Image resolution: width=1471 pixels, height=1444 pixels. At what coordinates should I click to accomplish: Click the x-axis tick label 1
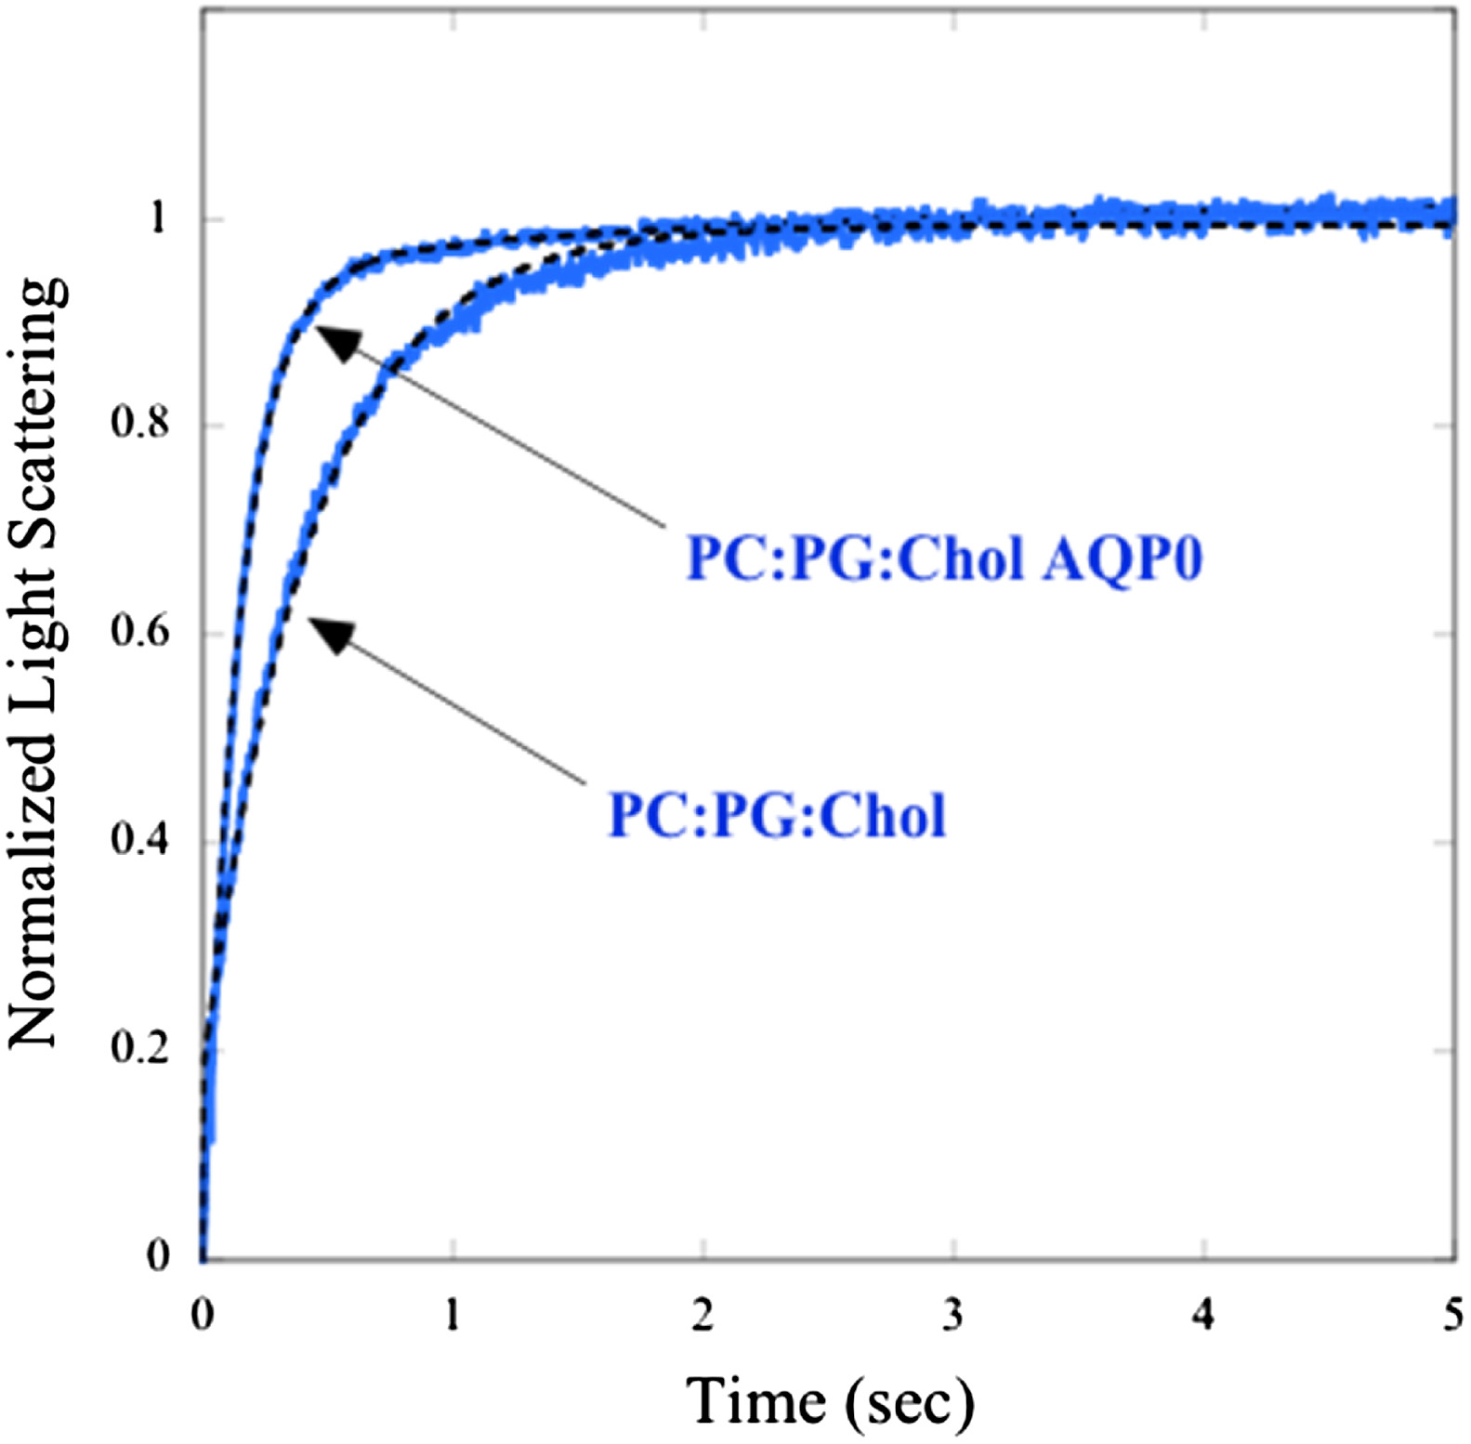(452, 1316)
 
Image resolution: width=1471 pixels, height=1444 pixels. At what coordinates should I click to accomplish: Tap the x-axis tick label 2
(703, 1316)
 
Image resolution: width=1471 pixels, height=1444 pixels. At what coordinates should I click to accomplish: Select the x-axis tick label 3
(953, 1316)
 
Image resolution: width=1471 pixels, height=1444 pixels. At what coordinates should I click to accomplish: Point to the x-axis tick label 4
(1203, 1316)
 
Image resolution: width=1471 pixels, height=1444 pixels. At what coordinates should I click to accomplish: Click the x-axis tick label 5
(1453, 1316)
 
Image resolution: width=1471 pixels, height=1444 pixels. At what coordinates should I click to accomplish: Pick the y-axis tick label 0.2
(139, 1048)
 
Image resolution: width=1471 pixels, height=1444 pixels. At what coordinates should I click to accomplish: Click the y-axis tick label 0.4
(139, 840)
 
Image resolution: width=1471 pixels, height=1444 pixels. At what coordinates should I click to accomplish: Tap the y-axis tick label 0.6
(139, 632)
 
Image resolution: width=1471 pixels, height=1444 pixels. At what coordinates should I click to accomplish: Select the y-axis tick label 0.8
(139, 424)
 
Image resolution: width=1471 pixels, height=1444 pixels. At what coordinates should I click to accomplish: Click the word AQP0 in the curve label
(1123, 559)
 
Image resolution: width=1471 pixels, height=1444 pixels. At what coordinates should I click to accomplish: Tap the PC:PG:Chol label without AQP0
(777, 816)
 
